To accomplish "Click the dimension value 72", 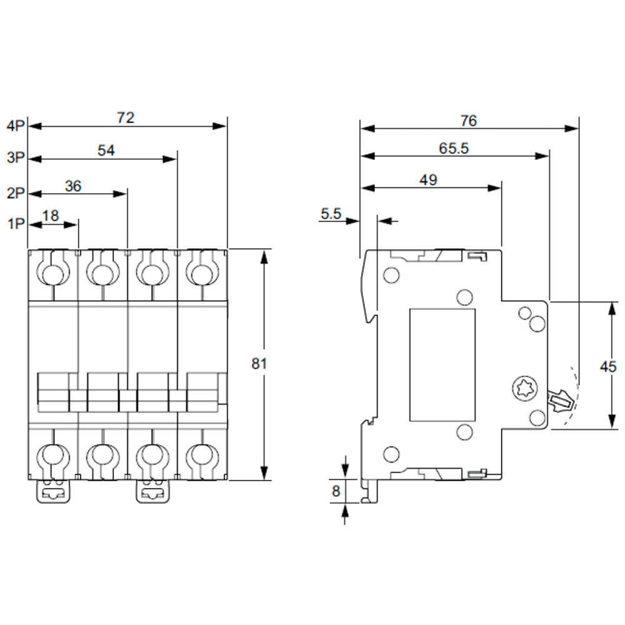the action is (126, 117).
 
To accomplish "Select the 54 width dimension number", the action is (106, 150).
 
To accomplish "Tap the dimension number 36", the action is (73, 186).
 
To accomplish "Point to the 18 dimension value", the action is (51, 216).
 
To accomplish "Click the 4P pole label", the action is (16, 126).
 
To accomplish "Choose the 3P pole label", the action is (16, 157).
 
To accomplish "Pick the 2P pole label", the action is (16, 193).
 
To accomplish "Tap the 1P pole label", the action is (16, 224).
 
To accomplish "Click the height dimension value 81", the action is (259, 364).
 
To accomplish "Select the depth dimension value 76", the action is (468, 121).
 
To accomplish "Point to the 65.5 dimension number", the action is (454, 148).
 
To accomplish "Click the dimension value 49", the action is (429, 180).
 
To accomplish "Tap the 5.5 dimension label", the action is (331, 214).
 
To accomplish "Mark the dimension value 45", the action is (608, 366).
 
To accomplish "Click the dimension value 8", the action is (336, 491).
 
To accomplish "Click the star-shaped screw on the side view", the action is (524, 388).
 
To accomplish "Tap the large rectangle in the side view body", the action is (442, 365).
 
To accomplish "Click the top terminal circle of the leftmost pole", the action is (52, 274).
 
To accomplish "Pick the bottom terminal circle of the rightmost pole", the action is (202, 454).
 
